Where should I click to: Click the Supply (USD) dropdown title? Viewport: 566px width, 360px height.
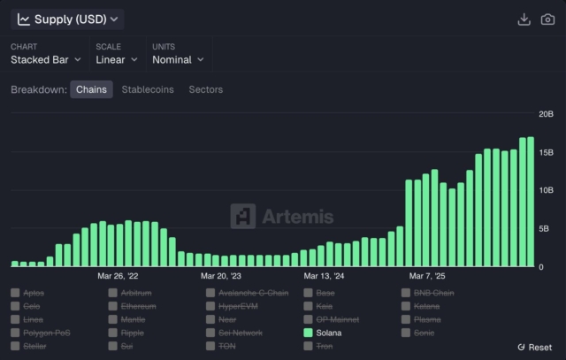pyautogui.click(x=68, y=19)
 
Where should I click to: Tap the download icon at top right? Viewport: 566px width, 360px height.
pyautogui.click(x=524, y=19)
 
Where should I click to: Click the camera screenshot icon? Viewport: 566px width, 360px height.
pyautogui.click(x=547, y=19)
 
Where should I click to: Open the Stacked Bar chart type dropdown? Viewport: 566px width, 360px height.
pyautogui.click(x=46, y=59)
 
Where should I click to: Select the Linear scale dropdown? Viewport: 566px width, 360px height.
pyautogui.click(x=116, y=59)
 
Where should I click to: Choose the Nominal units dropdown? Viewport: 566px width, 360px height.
pyautogui.click(x=178, y=59)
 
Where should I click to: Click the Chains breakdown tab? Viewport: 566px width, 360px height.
pyautogui.click(x=91, y=89)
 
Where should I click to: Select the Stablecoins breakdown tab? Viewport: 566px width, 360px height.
pyautogui.click(x=148, y=89)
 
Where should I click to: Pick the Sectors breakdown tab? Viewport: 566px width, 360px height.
pyautogui.click(x=206, y=89)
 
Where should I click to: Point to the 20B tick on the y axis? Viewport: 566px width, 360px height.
pyautogui.click(x=547, y=114)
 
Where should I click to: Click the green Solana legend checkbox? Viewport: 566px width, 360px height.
pyautogui.click(x=309, y=333)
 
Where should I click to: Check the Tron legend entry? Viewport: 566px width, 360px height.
pyautogui.click(x=325, y=346)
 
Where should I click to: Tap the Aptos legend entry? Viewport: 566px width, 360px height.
pyautogui.click(x=34, y=293)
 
